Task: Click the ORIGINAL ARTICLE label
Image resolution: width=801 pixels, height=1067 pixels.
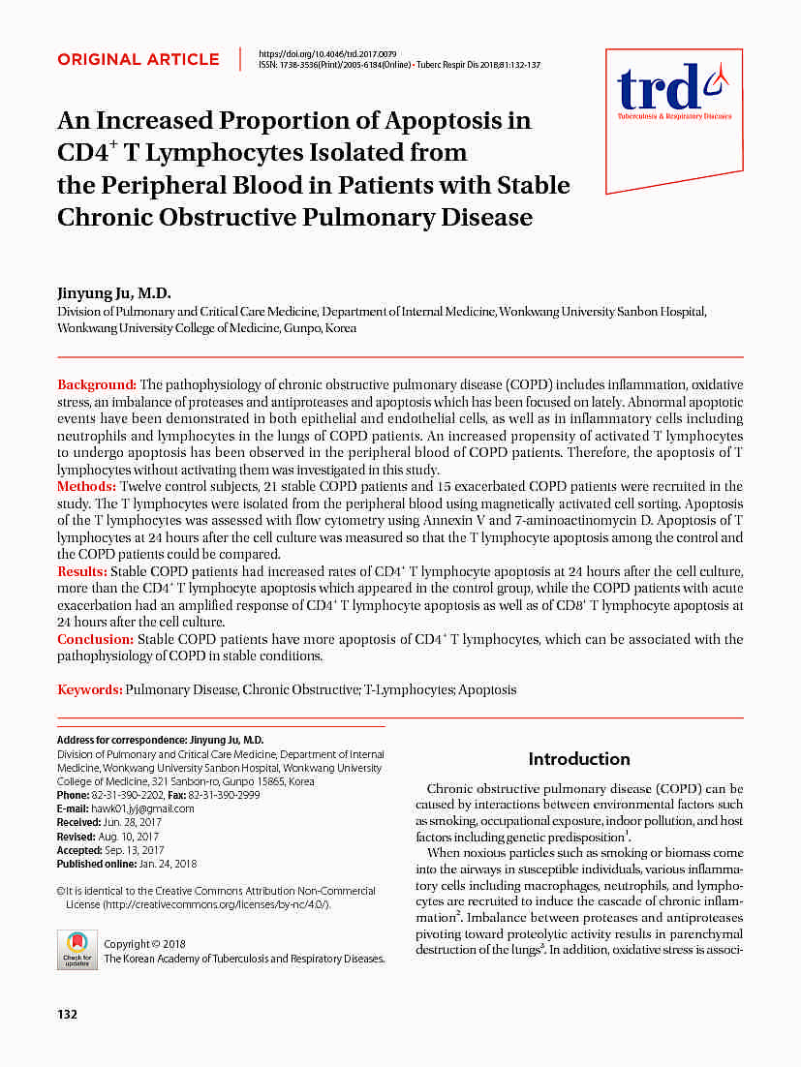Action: tap(139, 59)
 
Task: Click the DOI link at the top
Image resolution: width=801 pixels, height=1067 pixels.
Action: tap(327, 52)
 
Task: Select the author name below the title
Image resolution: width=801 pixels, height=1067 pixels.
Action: tap(114, 293)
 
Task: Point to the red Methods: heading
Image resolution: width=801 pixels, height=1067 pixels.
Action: tap(87, 486)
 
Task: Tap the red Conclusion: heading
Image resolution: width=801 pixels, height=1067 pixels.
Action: tap(95, 639)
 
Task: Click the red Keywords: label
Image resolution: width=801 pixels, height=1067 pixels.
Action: tap(90, 689)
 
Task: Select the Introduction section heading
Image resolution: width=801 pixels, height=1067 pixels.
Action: tap(579, 759)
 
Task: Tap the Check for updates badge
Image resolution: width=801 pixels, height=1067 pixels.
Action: tap(77, 949)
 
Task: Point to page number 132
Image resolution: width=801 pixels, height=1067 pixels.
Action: tap(67, 1015)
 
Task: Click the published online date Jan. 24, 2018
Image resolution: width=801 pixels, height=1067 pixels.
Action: tap(169, 863)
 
